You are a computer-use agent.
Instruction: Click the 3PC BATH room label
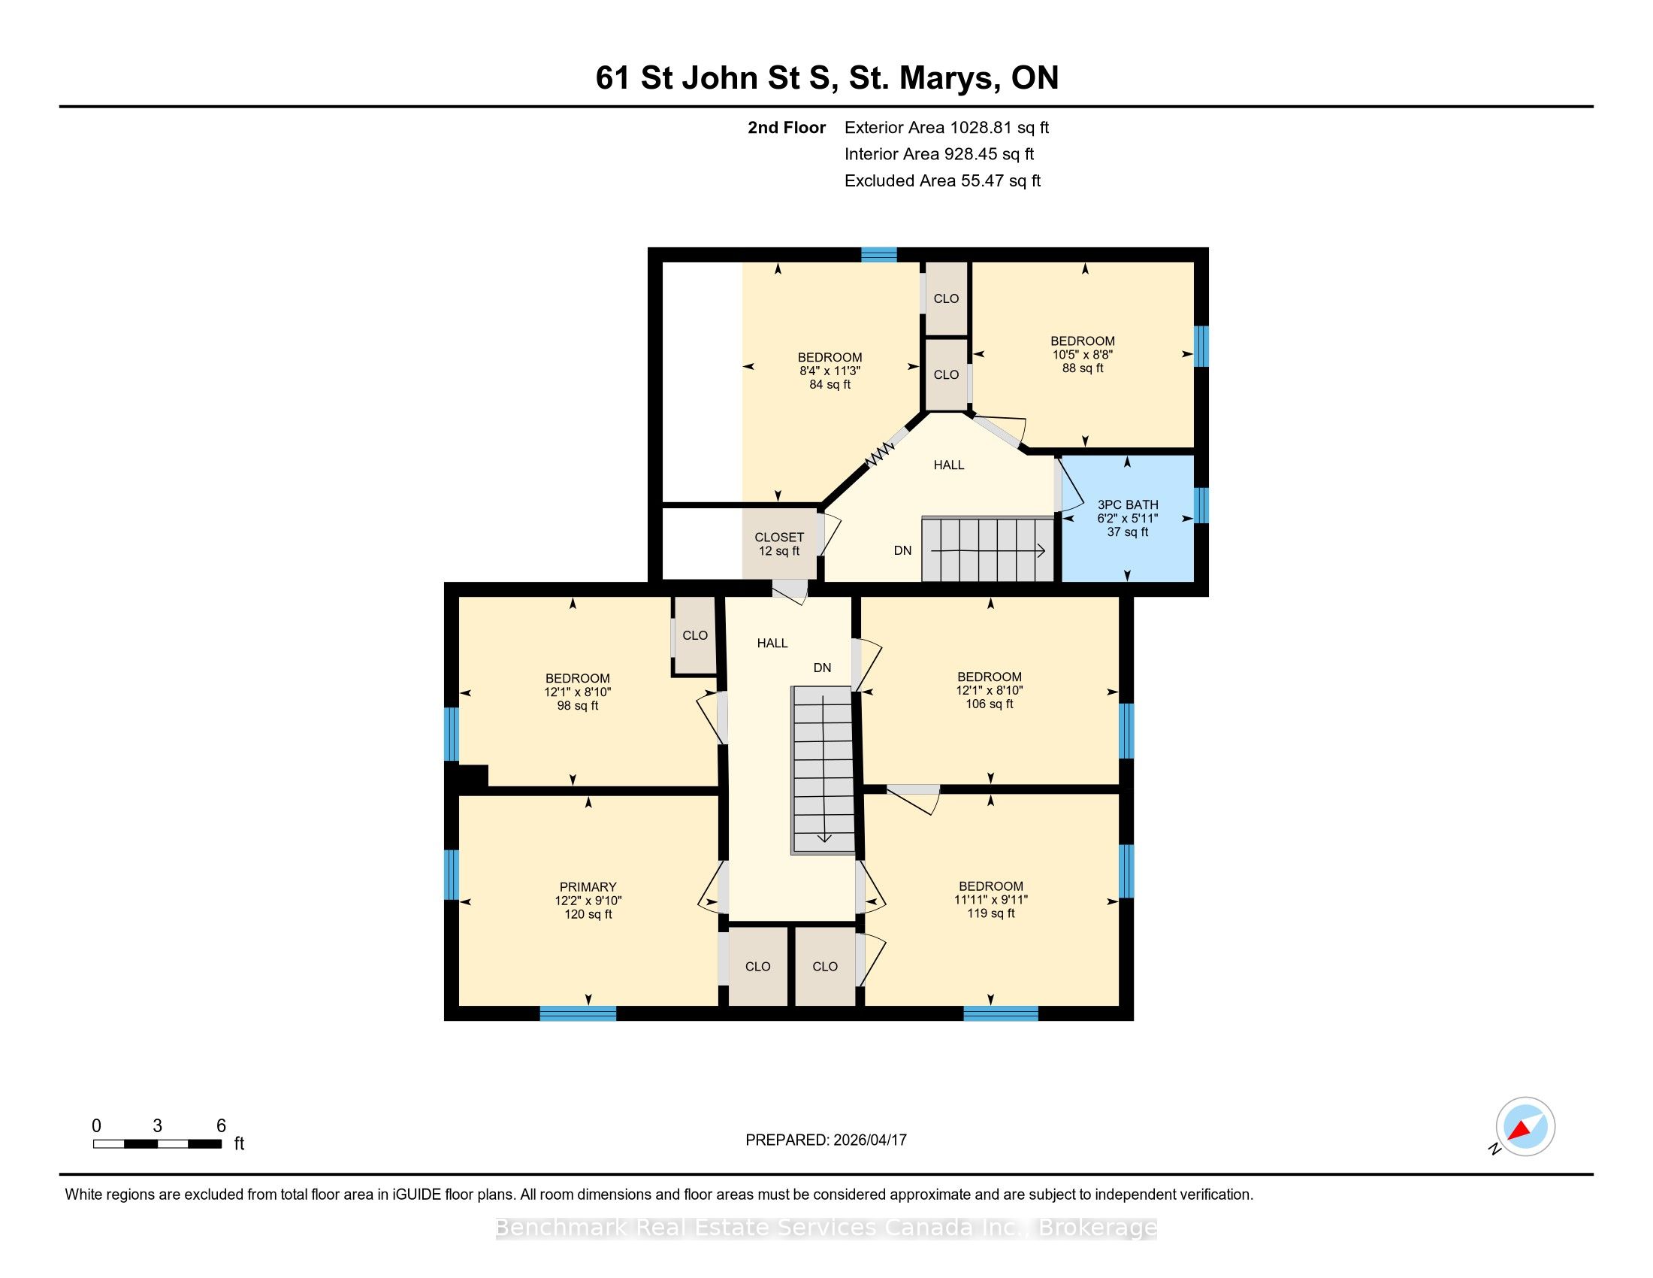(x=1128, y=504)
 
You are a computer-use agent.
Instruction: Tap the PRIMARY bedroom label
(x=588, y=886)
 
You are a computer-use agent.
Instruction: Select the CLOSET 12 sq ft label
(x=779, y=544)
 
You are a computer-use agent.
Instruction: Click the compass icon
(x=1525, y=1126)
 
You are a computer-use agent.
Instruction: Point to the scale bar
(x=158, y=1144)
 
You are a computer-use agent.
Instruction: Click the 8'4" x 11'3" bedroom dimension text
(x=830, y=371)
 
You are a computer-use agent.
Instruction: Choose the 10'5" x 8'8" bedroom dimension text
(x=1082, y=354)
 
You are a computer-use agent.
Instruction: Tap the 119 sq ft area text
(x=991, y=914)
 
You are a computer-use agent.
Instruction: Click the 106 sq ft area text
(x=990, y=704)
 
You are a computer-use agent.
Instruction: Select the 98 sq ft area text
(x=578, y=706)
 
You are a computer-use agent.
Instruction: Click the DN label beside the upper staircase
(x=903, y=550)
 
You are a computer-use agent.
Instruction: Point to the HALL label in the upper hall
(x=948, y=465)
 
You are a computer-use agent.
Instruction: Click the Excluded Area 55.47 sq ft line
(x=942, y=181)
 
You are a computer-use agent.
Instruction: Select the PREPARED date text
(x=826, y=1140)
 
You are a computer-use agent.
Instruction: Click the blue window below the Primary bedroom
(x=579, y=1013)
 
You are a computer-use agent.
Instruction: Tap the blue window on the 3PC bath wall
(x=1201, y=506)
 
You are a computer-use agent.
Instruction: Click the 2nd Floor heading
(x=787, y=128)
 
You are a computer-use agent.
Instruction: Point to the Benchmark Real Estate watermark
(x=826, y=1228)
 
